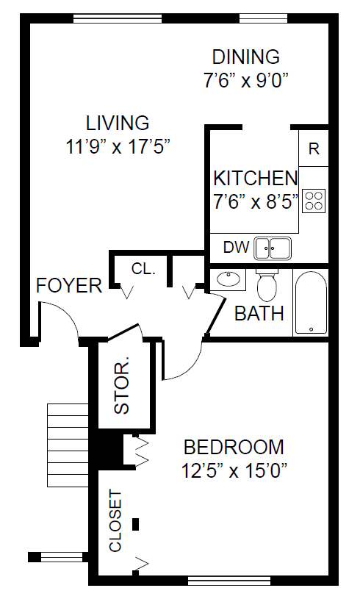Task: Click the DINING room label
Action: coord(246,57)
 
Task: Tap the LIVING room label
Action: coord(118,123)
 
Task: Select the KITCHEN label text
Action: coord(255,178)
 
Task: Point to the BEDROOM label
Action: coord(234,447)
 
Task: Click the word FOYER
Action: coord(69,285)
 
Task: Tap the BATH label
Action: coord(259,313)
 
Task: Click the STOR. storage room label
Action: coord(122,385)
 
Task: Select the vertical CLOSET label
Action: coord(115,521)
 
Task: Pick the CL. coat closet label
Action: coord(143,268)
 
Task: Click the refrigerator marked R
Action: coord(314,148)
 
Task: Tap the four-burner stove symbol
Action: coord(314,201)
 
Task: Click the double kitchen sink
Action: coord(273,248)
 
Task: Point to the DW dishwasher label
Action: coord(236,248)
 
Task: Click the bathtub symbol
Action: coord(311,303)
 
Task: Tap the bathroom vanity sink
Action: coord(228,279)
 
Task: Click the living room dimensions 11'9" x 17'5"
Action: coord(118,146)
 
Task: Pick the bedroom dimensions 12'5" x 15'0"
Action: coord(234,470)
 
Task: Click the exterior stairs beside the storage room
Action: coord(68,445)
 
